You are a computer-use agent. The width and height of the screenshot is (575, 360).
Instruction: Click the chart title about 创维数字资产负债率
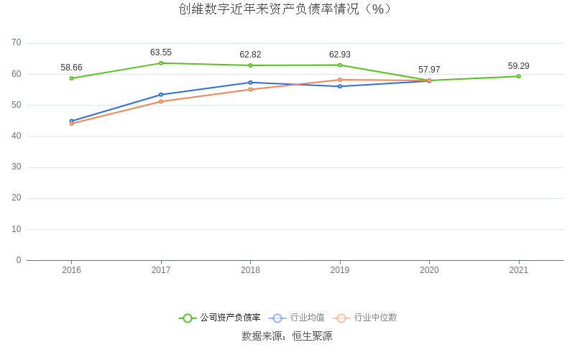tap(287, 9)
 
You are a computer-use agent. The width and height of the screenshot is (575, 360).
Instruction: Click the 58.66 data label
tap(71, 68)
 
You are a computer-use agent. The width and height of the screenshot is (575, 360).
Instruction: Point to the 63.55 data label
tap(161, 52)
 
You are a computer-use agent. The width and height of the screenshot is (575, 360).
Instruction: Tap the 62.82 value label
tap(250, 55)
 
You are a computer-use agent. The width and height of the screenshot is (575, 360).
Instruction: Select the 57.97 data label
tap(429, 70)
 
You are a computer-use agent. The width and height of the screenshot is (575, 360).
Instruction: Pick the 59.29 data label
tap(518, 66)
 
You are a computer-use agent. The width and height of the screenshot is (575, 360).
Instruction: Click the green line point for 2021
tap(518, 76)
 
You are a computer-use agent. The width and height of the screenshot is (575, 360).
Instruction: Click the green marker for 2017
tap(161, 63)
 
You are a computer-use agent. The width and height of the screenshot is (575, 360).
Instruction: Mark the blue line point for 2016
tap(71, 121)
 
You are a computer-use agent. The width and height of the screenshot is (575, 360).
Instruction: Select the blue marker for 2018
tap(250, 83)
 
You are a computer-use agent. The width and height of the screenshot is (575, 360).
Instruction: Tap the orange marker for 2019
tap(340, 80)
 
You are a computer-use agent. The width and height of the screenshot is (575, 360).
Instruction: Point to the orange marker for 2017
tap(161, 101)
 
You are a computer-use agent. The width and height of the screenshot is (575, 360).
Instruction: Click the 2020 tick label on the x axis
tap(429, 271)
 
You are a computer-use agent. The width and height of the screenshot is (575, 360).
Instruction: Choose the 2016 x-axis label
tap(71, 271)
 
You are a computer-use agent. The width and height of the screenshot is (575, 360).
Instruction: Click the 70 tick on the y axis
tap(16, 43)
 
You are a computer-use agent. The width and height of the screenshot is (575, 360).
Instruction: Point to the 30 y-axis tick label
tap(16, 167)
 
